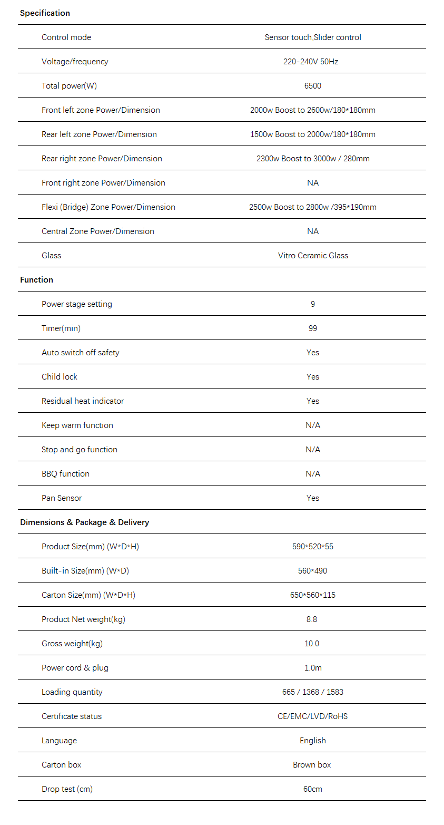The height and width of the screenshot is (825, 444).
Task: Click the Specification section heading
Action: coord(45,13)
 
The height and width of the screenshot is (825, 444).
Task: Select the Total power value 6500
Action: coord(313,86)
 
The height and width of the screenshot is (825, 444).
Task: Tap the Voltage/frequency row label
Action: coord(75,62)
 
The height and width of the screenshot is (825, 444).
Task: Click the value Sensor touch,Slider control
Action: coord(313,37)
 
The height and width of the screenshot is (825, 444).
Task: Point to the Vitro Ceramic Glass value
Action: coord(313,256)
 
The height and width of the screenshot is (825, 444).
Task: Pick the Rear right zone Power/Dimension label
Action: coord(102,159)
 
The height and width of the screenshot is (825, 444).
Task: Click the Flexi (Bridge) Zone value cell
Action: coord(313,207)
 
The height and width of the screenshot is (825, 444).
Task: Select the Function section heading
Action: coord(36,280)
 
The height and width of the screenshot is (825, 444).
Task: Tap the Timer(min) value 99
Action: coord(313,328)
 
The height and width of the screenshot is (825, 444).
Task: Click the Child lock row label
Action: coord(60,377)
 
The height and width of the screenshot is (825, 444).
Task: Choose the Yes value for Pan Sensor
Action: coord(313,498)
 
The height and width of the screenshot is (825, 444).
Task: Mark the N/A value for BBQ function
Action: coord(313,474)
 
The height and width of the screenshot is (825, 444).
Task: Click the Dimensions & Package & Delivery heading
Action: coord(84,522)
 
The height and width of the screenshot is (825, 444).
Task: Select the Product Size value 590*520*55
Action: coord(313,547)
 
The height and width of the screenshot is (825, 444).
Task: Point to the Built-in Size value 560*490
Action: coord(313,571)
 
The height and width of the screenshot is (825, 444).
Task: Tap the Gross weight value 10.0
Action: coord(312,644)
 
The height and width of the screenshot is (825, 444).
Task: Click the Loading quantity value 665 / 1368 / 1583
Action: coord(313,692)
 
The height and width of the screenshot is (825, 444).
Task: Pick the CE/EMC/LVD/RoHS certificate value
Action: coord(313,716)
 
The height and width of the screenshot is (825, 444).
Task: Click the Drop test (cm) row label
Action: coord(67,789)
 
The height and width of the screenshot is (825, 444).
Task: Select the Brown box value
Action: coord(312,765)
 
